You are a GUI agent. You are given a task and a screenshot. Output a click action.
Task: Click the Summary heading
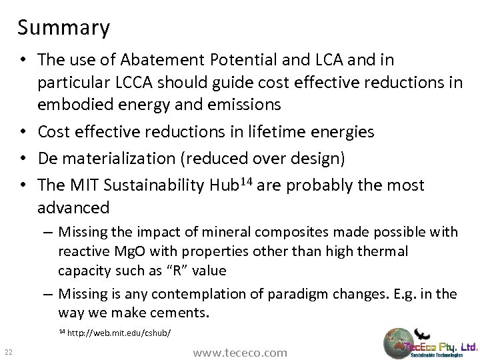[x=64, y=28]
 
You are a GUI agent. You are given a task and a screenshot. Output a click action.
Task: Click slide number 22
[x=7, y=353]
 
